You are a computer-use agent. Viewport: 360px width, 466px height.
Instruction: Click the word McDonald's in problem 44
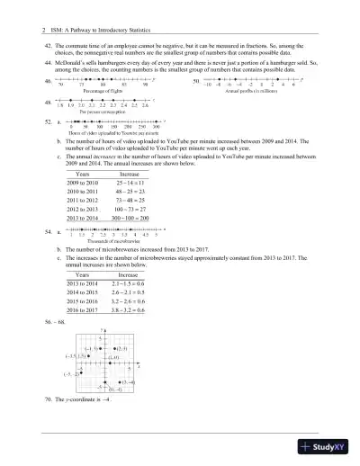click(x=70, y=51)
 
